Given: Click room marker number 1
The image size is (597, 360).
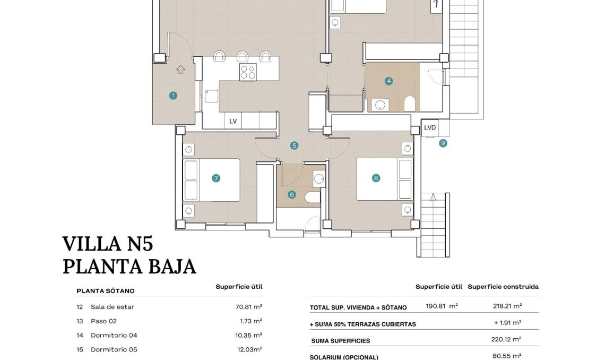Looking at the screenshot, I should point(173,96).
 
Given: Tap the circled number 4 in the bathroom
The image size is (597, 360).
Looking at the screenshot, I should point(389,81).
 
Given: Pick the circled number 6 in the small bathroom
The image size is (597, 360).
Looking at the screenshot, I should point(291,195).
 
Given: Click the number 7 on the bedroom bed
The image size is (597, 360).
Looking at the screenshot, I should point(216,178).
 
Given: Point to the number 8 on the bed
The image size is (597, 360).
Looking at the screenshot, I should point(376,178).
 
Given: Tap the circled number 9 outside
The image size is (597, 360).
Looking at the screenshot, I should point(443,143).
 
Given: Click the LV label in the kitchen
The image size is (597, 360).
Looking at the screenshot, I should point(233,121).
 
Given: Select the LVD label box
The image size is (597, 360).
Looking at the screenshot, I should point(430,128).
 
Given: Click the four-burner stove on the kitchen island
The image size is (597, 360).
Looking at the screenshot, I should point(248,72).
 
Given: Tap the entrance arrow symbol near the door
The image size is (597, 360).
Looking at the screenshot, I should point(180,69).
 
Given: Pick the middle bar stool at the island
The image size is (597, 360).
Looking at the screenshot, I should point(243,56).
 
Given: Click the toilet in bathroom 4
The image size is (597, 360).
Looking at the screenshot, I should point(409,104).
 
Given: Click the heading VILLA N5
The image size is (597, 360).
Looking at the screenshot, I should point(108,244).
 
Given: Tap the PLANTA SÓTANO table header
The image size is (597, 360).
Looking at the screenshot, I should point(106,291).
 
